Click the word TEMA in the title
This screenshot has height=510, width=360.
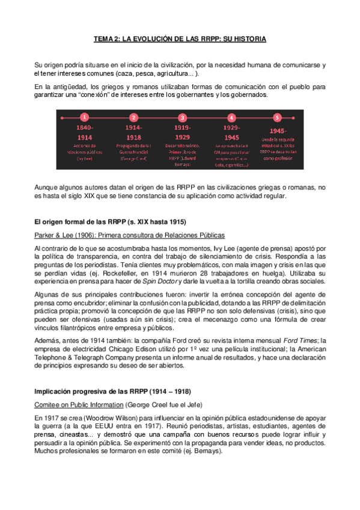point(103,38)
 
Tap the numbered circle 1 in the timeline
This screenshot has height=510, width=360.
point(85,118)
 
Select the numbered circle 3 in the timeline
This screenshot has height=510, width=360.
point(183,118)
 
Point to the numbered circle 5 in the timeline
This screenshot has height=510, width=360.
point(277,118)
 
